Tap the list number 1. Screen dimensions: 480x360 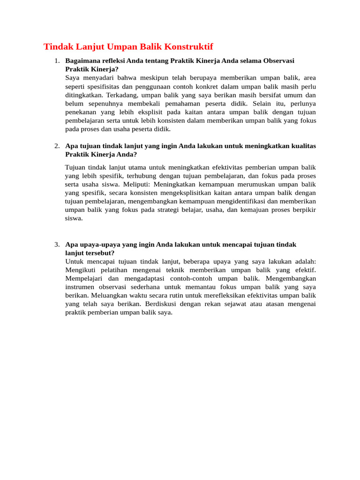(x=56, y=61)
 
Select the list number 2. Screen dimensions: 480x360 (x=56, y=146)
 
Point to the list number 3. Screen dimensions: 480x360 (x=56, y=245)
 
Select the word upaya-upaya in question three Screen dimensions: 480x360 (x=93, y=245)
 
